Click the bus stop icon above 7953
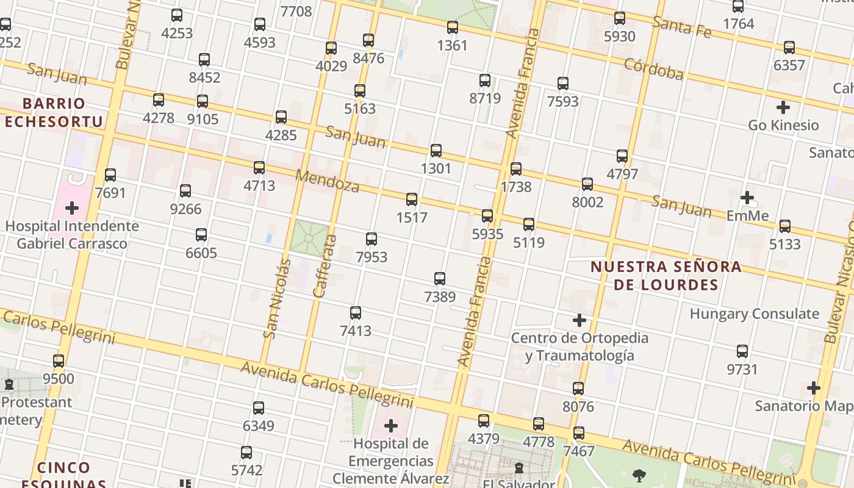371,239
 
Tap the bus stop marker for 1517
412,199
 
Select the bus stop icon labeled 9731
742,351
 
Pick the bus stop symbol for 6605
201,235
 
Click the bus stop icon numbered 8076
578,389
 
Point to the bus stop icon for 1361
453,27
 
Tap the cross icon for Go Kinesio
783,108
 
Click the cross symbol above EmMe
747,198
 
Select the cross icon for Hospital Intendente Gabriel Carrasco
72,208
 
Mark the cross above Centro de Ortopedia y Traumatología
579,320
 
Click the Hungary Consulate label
754,314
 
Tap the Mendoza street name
327,181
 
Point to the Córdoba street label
653,70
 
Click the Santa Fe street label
681,26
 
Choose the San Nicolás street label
277,298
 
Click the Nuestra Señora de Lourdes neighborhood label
666,276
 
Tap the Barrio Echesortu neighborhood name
54,112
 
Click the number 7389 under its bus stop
440,297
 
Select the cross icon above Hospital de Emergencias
391,425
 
